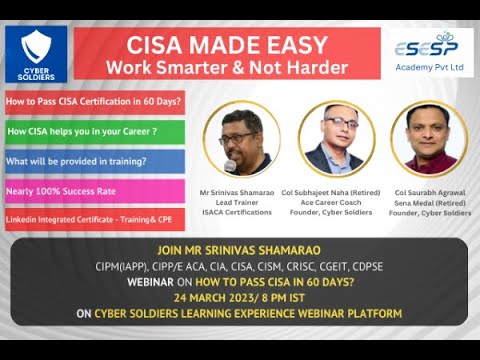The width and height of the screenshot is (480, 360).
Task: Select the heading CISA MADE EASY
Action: coord(227,44)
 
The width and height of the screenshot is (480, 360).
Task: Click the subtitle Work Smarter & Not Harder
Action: coord(227,67)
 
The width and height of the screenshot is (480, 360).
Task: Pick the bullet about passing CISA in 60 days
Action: coord(94,103)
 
